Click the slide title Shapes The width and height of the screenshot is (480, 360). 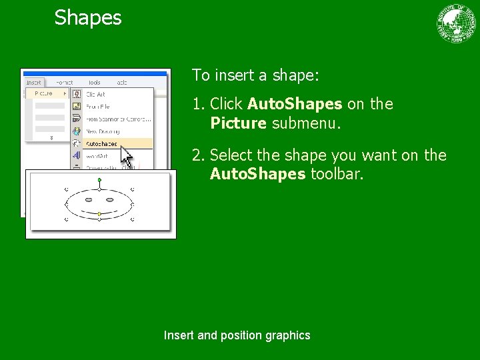coord(88,17)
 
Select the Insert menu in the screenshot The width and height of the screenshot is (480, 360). coord(34,83)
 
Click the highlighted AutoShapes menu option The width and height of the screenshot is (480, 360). coord(101,143)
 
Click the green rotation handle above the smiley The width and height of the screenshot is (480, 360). coord(99,180)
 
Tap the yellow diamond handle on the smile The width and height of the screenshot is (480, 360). coord(99,214)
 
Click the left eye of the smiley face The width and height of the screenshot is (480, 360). coord(89,199)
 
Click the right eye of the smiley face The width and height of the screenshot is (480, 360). coord(110,199)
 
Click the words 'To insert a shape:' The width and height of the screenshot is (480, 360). coord(256,75)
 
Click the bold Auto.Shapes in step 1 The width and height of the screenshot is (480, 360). coord(295,105)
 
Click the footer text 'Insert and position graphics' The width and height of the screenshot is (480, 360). coord(237,335)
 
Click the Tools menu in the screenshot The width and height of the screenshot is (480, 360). coord(95,83)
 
